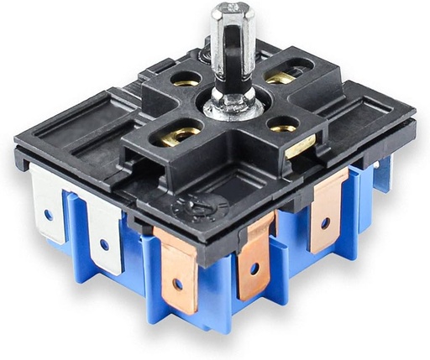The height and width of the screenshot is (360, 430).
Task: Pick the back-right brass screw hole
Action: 280,76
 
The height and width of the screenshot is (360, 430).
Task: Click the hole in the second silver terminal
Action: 105,246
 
